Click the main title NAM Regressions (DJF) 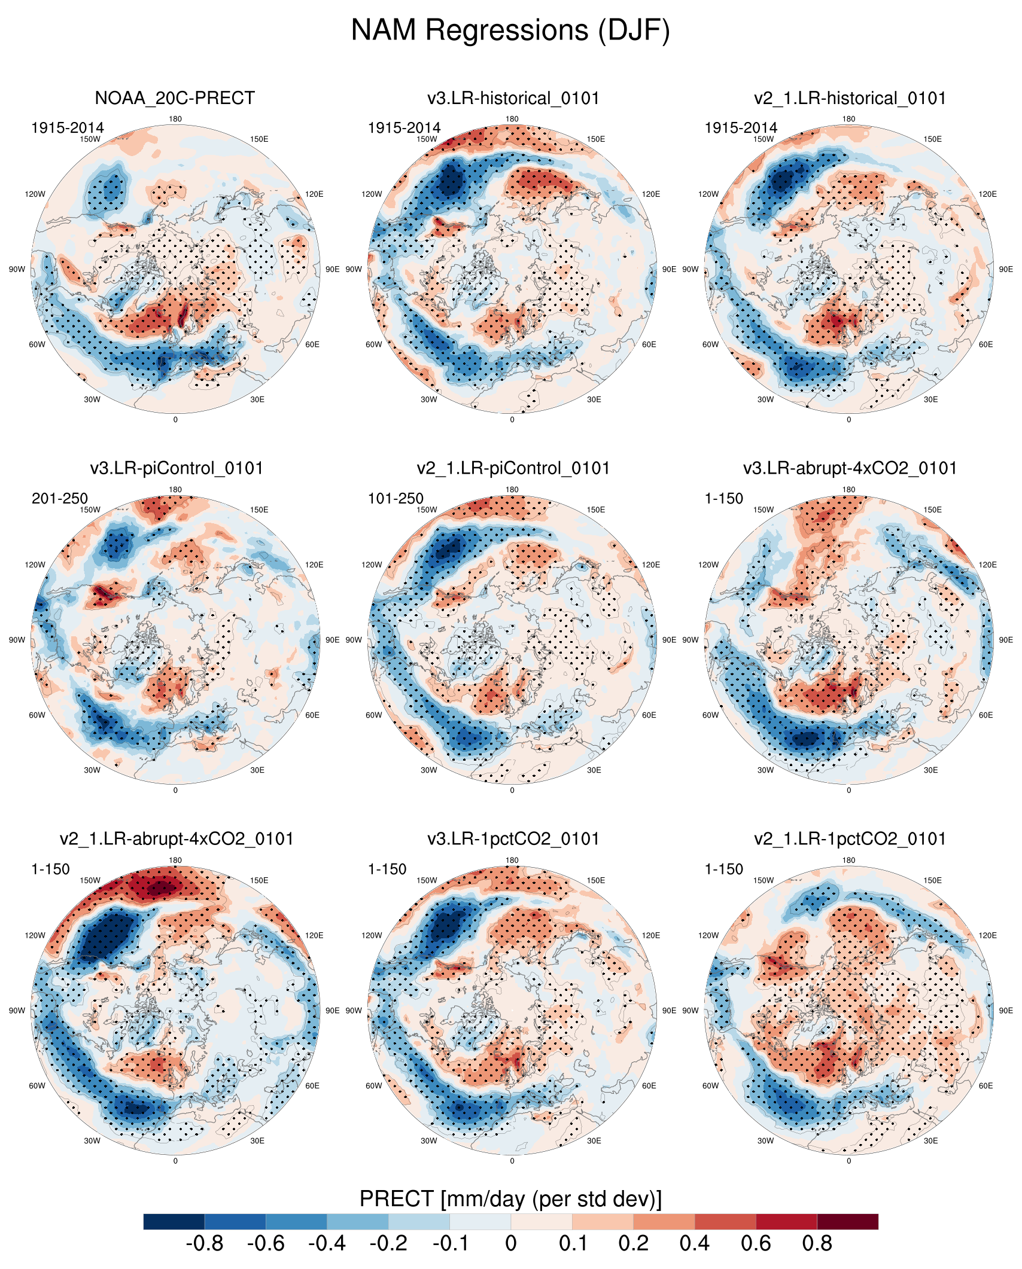(510, 30)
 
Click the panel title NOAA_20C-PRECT (175, 98)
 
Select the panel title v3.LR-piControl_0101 (177, 468)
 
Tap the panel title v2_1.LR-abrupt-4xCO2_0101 (177, 839)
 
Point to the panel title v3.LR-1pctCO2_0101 (513, 839)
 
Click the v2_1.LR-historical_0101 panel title (850, 98)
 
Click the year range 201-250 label (59, 498)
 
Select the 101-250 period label (396, 498)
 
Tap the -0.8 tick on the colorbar (205, 1244)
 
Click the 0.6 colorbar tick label (756, 1244)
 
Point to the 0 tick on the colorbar (510, 1244)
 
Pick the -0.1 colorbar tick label (450, 1244)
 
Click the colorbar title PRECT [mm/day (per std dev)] (510, 1199)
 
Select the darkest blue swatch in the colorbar (174, 1221)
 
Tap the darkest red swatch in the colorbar (847, 1221)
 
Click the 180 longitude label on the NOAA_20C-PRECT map (175, 119)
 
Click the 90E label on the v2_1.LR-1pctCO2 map (1006, 1011)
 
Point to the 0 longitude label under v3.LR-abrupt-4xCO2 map (849, 791)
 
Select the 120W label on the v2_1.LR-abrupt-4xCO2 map (35, 935)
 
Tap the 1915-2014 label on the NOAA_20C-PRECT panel (68, 128)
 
